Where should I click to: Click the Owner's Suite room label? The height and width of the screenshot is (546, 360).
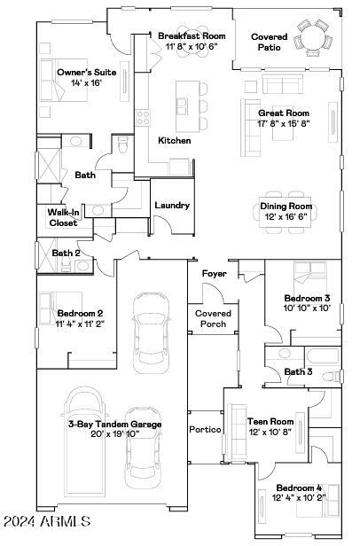[x=81, y=72]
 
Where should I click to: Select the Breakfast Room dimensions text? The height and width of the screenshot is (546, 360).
[x=192, y=45]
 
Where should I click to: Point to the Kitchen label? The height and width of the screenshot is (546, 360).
[x=174, y=141]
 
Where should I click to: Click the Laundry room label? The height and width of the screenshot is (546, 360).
[x=172, y=206]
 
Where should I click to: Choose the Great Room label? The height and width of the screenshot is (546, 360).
[x=283, y=113]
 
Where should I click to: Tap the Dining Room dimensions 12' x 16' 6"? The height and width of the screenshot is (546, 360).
[x=286, y=216]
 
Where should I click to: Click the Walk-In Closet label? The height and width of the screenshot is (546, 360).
[x=63, y=217]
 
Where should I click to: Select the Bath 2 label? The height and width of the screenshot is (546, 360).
[x=66, y=253]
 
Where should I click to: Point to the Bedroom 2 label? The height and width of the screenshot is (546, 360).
[x=80, y=313]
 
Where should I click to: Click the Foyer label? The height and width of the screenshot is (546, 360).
[x=214, y=273]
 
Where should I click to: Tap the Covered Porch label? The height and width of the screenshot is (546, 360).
[x=213, y=318]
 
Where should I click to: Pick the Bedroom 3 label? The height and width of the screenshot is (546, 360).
[x=307, y=299]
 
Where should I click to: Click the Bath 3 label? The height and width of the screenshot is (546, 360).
[x=298, y=371]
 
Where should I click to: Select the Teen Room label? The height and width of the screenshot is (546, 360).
[x=270, y=422]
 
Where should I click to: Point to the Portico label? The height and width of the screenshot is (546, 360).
[x=205, y=429]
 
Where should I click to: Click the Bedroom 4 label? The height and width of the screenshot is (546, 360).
[x=298, y=488]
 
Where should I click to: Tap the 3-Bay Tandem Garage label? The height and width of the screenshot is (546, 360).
[x=115, y=425]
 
